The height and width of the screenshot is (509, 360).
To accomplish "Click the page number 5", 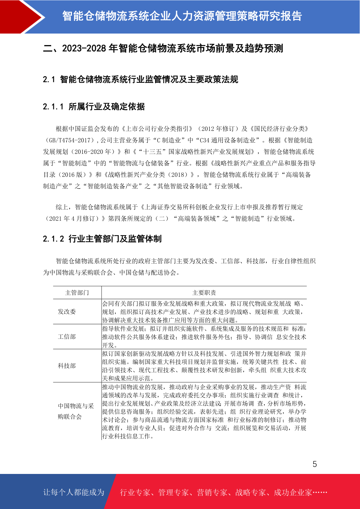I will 315,464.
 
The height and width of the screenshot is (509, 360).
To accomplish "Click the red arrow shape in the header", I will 21,17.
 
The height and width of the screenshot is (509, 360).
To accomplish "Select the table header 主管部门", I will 77,293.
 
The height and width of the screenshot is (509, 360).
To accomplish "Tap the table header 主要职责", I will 204,293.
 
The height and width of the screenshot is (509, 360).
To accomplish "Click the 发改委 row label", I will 67,312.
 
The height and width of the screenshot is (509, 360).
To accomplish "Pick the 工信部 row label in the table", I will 67,337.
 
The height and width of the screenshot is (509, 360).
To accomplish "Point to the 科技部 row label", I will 67,366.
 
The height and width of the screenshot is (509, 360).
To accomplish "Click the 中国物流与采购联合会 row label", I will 76,411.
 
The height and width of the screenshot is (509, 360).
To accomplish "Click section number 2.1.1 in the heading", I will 53,107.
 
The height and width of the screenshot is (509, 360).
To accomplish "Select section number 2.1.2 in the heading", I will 53,239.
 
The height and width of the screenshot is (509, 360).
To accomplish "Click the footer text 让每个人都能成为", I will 74,492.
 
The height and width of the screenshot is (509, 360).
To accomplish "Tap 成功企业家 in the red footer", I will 293,493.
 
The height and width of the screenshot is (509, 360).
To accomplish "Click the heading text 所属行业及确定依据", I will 107,107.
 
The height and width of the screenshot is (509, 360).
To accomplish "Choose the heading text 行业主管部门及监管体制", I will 115,239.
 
